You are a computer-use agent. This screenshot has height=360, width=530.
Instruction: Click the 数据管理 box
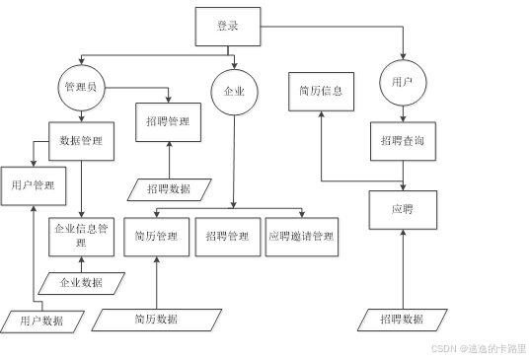(x=84, y=141)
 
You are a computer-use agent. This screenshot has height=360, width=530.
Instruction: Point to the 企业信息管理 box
(x=81, y=235)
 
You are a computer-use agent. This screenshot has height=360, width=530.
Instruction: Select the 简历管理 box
(x=156, y=237)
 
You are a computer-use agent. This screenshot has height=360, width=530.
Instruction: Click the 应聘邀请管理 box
(x=301, y=237)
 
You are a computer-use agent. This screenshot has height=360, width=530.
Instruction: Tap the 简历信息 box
(x=321, y=91)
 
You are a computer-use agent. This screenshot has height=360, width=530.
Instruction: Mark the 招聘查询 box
(x=403, y=141)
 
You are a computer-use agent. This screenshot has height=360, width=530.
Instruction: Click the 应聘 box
(x=403, y=210)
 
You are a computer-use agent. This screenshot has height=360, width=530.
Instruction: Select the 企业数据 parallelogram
(x=82, y=283)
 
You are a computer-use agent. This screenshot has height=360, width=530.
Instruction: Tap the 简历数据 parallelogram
(x=155, y=319)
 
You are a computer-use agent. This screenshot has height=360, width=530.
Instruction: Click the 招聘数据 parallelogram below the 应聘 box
(x=402, y=319)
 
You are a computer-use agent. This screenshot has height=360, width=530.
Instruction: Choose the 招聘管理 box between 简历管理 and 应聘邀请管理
(x=228, y=237)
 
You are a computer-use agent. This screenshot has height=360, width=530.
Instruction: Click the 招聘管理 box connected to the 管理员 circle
(x=169, y=122)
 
